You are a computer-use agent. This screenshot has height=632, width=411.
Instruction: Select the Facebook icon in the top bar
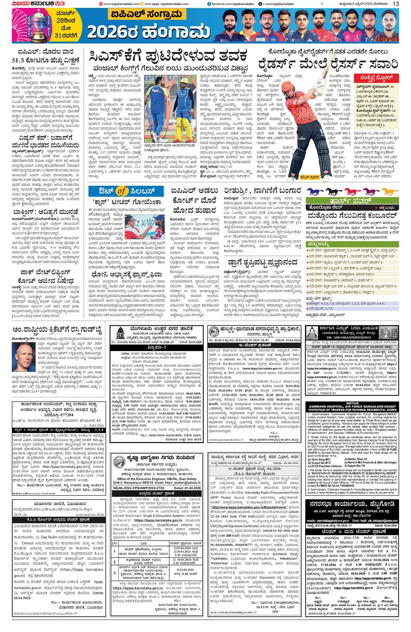click(209, 4)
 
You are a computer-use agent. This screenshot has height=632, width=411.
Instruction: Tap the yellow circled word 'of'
click(122, 191)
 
